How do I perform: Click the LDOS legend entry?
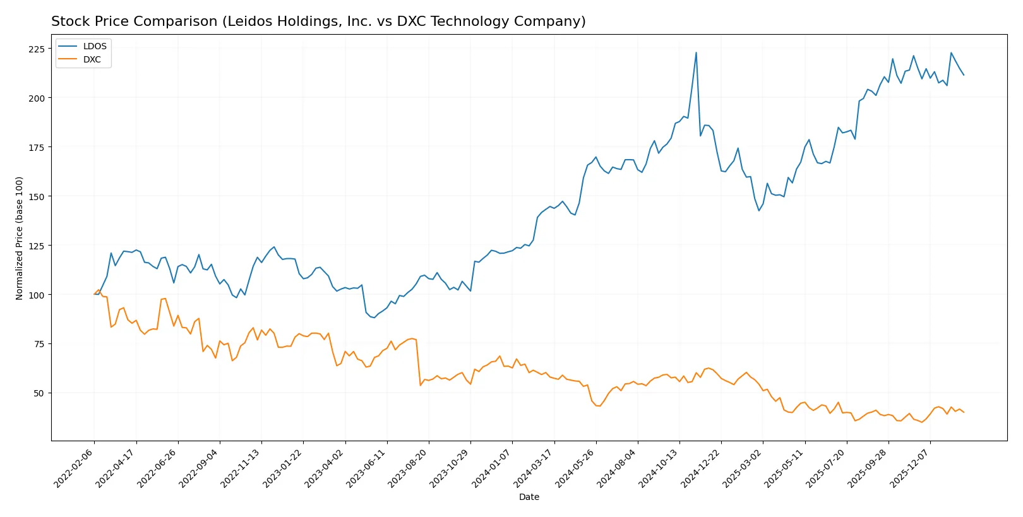(94, 46)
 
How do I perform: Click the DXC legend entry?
(92, 59)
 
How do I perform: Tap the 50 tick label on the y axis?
(39, 393)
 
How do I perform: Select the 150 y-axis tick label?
(37, 196)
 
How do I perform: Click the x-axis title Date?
(529, 497)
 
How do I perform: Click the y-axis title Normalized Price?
(20, 238)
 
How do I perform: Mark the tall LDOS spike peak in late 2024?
(696, 52)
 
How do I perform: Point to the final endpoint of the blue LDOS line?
(964, 75)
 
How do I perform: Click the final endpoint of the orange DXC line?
(964, 412)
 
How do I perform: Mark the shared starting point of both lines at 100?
(94, 294)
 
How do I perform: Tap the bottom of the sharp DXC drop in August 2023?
(421, 385)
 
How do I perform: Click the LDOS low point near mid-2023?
(374, 318)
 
